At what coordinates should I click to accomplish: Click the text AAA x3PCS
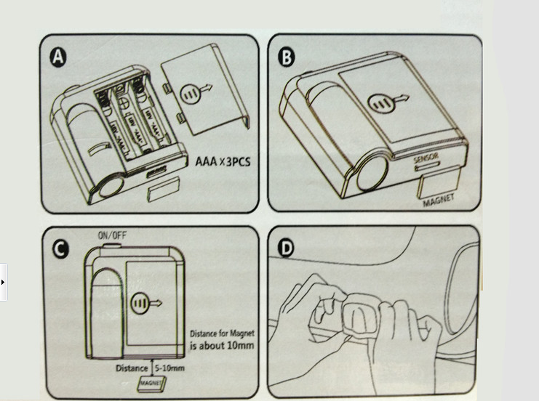click(x=222, y=161)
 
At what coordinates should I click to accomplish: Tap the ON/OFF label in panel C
click(x=112, y=235)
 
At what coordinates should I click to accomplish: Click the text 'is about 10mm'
click(x=222, y=345)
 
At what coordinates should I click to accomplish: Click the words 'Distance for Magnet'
click(x=222, y=333)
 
